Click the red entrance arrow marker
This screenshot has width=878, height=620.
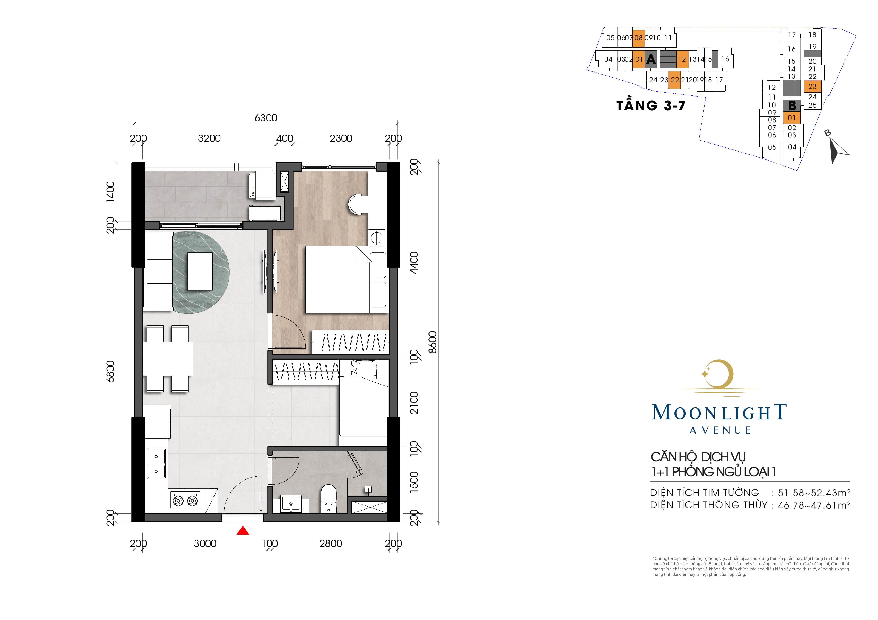point(243,531)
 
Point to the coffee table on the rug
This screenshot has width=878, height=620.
point(200,272)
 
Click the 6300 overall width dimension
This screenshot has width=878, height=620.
point(266,118)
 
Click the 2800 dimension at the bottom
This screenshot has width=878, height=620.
point(330,543)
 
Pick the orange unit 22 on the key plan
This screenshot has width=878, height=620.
point(675,80)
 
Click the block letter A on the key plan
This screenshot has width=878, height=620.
point(650,59)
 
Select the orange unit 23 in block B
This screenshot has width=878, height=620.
point(812,86)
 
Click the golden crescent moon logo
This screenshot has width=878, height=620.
point(719,374)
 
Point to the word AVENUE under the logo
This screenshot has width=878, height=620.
point(720,430)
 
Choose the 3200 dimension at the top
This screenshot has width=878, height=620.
point(209,138)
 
